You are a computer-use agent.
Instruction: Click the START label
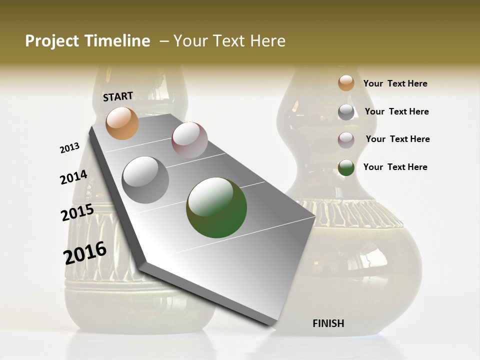pos(118,96)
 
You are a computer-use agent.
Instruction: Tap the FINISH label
pos(328,323)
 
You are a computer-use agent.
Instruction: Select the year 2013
pos(69,148)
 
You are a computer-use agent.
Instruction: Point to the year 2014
pos(73,177)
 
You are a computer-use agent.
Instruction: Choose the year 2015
pos(77,213)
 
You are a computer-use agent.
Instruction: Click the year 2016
pos(85,252)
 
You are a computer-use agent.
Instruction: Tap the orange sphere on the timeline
pos(122,123)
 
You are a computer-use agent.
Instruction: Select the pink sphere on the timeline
pos(189,140)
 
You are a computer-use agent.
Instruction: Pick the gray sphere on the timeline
pos(145,180)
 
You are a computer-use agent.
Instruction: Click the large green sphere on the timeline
pos(216,207)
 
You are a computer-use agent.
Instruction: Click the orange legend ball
pos(346,83)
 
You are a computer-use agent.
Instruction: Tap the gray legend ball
pos(346,112)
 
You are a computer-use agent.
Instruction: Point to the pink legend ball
pos(346,139)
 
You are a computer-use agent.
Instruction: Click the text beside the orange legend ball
pos(395,83)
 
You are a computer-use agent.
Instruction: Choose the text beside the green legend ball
pos(395,167)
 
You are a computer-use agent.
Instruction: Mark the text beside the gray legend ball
pos(396,111)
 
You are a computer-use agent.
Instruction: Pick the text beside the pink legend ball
pos(397,139)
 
